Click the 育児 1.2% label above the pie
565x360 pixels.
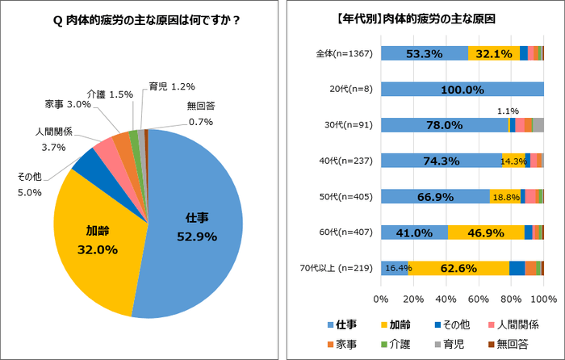pos(172,86)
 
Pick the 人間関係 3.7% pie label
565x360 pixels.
pos(56,138)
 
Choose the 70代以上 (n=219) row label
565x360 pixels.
pos(339,268)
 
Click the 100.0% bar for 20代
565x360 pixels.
pos(462,90)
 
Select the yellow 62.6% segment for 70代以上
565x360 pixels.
pos(458,268)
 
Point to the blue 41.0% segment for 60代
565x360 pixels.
pos(413,232)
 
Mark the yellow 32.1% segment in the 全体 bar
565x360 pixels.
pos(493,53)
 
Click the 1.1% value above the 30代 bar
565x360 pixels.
pos(508,111)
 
